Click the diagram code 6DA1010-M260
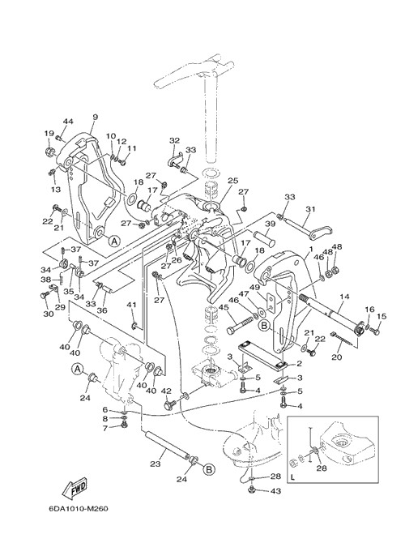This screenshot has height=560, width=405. click(x=78, y=509)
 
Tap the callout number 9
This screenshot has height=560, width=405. click(x=95, y=117)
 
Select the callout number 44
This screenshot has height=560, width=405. click(x=68, y=122)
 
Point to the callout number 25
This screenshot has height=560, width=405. click(x=232, y=181)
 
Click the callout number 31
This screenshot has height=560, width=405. click(x=310, y=209)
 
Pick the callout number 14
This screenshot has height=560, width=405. click(x=345, y=296)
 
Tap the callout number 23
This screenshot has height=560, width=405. click(x=156, y=464)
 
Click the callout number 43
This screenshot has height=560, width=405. click(x=275, y=491)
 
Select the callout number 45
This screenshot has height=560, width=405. click(x=224, y=307)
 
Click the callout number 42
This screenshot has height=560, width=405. click(x=166, y=391)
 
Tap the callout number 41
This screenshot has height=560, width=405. click(x=132, y=305)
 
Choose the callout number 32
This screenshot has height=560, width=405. click(x=174, y=141)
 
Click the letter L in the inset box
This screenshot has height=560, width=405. click(x=293, y=477)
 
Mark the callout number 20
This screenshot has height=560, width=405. click(x=337, y=357)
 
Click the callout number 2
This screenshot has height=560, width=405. click(x=300, y=364)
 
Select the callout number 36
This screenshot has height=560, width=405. click(x=102, y=310)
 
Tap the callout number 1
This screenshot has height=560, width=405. click(x=311, y=249)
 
